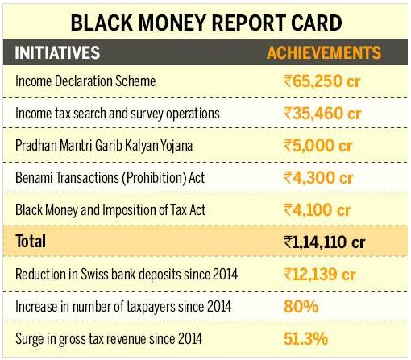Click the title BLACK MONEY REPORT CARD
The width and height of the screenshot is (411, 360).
coord(206,23)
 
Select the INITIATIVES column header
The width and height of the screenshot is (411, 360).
coord(57,52)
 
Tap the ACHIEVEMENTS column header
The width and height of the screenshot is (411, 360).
coord(324,52)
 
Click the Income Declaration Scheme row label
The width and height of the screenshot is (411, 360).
coord(85,81)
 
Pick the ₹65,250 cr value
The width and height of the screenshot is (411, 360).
coord(322,81)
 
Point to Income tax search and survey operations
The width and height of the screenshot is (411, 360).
coord(118,114)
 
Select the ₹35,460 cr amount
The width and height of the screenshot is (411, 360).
coord(322,114)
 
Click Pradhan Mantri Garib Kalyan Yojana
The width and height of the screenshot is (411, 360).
coord(104,146)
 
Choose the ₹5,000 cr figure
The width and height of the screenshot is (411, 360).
coord(318,146)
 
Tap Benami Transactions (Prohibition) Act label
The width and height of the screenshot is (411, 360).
coord(110,178)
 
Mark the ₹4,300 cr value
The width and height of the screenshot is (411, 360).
coord(318,178)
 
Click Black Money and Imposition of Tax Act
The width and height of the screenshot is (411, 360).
coord(110,210)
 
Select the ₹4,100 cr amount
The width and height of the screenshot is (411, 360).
coord(317,210)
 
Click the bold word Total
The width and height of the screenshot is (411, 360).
coord(31,241)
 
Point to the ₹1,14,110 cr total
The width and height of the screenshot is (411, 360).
coord(324,242)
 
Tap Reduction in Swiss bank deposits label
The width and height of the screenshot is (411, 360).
coord(127,275)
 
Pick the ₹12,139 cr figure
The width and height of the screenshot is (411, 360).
coord(320,275)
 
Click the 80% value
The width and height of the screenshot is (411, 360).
coord(301,307)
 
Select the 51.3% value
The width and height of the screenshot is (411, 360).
coord(305,339)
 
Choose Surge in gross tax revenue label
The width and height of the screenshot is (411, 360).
coord(109,339)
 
